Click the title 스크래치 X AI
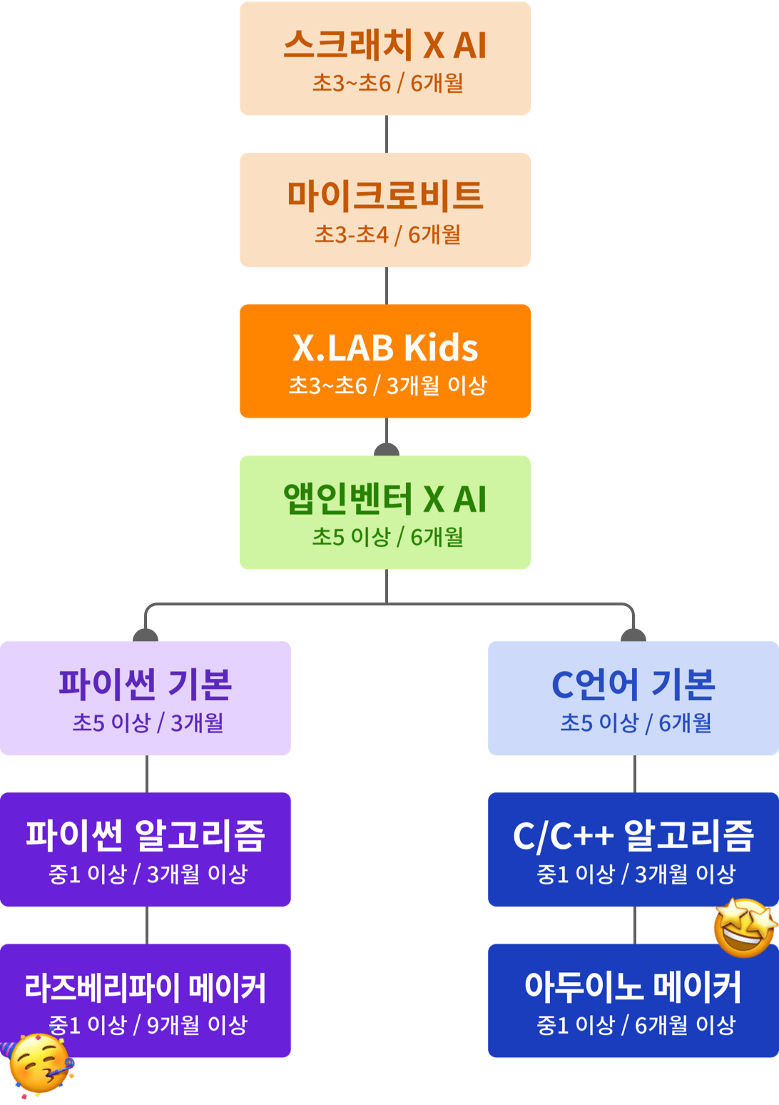385,45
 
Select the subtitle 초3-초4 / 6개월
387,234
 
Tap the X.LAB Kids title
385,348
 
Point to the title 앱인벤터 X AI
385,499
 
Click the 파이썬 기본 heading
146,684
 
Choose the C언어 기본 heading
633,684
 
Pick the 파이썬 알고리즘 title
146,835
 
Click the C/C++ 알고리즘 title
633,835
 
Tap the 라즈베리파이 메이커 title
146,987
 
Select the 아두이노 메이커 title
633,987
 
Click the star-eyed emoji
745,927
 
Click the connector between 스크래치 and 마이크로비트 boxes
387,134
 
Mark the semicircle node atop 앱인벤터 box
387,450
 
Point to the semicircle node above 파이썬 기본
146,635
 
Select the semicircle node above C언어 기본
633,635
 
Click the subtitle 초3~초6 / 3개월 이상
387,386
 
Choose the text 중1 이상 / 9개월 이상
148,1025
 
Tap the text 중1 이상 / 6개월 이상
636,1025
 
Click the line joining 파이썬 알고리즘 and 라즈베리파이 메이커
147,925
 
